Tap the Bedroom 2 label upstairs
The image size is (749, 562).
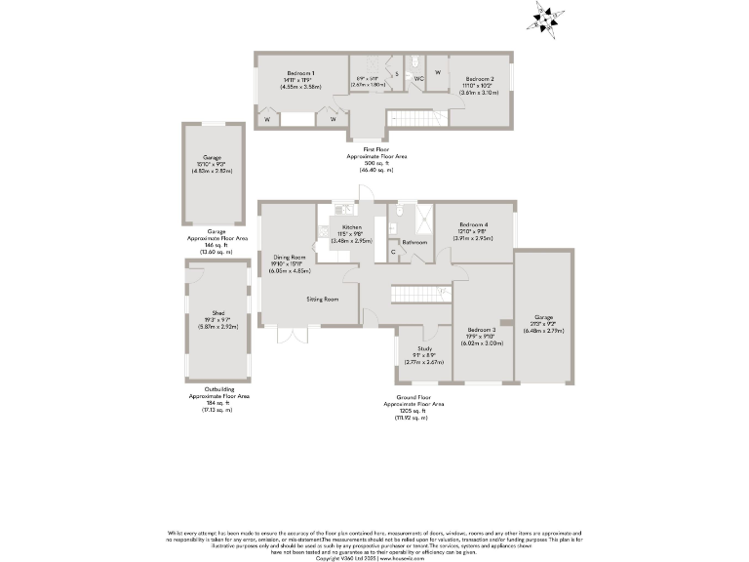coord(479,78)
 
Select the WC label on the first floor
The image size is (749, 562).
coord(416,77)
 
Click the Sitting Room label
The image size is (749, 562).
coord(322,299)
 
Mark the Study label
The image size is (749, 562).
coord(424,348)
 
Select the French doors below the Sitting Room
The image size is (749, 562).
coord(293,335)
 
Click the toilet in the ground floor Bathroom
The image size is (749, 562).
coord(399,217)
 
